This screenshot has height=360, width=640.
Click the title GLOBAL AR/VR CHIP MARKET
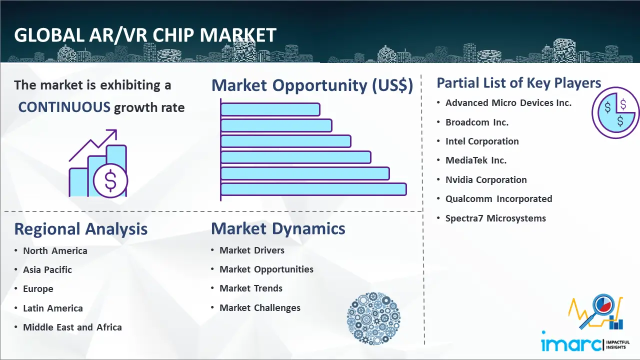coord(145,35)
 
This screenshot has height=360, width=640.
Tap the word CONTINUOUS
coord(64,107)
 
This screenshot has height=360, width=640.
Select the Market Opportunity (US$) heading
coord(312,85)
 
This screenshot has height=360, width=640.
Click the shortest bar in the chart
coord(270,109)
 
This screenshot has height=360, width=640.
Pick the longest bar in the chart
coord(313,189)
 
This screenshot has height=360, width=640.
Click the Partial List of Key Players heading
coord(518,82)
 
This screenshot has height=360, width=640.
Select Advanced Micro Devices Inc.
coord(508,103)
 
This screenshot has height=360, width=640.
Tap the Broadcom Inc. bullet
coord(476,122)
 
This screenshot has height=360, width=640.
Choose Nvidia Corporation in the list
coord(486,180)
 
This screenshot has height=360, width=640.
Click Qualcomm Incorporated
coord(498,199)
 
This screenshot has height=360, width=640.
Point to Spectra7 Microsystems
coord(495,218)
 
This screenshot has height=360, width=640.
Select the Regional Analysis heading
coord(80,229)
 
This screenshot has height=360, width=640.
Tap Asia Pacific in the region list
coord(47,270)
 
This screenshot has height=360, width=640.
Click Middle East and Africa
coord(72,327)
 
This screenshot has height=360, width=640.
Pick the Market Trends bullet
coord(251,288)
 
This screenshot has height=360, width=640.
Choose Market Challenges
coord(260,308)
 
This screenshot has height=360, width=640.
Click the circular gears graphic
coord(373,319)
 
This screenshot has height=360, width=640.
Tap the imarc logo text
coord(571,344)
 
